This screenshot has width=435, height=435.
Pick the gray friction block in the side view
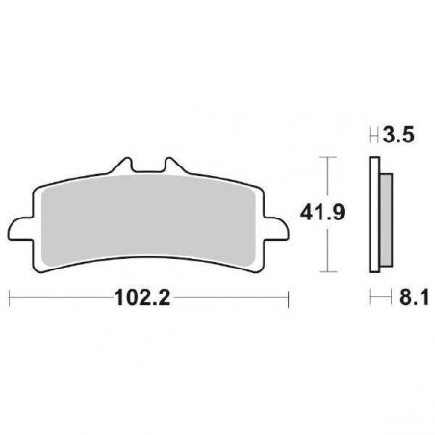pyautogui.click(x=385, y=220)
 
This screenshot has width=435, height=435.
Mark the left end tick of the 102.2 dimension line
pyautogui.click(x=9, y=298)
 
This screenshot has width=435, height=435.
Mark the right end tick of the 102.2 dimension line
pyautogui.click(x=288, y=298)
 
